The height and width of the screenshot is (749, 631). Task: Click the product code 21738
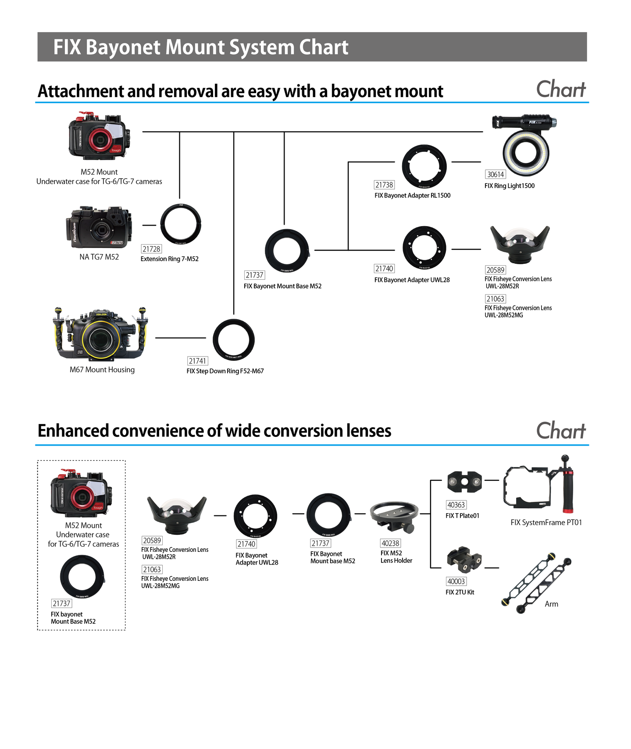pos(384,185)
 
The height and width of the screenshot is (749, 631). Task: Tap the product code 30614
pos(496,174)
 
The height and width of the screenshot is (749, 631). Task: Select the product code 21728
pos(151,249)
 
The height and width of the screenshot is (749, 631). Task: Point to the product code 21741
pos(197,361)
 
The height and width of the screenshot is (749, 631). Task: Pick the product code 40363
pos(456,505)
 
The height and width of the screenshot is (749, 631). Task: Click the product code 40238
pos(390,543)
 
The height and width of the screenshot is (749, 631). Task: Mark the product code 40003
pos(456,581)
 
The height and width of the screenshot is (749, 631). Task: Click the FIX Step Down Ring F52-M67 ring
pos(234,339)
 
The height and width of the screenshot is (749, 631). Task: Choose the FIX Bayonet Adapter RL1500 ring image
pos(424,166)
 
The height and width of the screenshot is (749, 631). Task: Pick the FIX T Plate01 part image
pos(464,482)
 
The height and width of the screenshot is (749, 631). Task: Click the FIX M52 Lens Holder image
pos(394,517)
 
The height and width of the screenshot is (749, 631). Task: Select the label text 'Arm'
pos(551,604)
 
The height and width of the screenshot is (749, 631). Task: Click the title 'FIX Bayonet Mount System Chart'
pos(201,47)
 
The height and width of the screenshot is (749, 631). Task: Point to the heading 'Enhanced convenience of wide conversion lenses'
pos(214,431)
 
